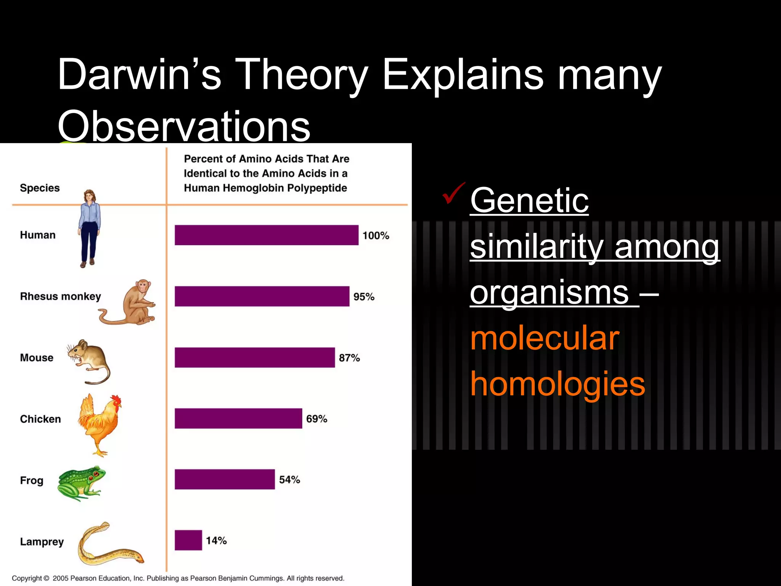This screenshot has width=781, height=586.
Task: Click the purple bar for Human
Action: point(266,235)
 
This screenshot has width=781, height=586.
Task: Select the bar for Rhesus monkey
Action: point(262,296)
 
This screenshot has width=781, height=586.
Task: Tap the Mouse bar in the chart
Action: point(255,357)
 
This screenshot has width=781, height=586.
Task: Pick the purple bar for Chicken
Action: point(238,419)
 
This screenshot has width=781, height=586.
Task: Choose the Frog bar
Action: point(225,479)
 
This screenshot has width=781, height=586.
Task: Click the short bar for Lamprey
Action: point(188,540)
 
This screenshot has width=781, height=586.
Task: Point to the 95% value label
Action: point(364,297)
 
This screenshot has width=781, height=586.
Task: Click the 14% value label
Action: point(216,541)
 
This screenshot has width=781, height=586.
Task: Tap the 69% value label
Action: point(317,419)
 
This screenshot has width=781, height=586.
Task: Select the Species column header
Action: point(40,188)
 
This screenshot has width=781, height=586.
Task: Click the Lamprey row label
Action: point(42,542)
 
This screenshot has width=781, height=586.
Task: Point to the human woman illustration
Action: point(90,229)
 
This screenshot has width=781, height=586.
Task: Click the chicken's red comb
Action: point(116,401)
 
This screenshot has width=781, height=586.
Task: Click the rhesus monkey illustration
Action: point(132,303)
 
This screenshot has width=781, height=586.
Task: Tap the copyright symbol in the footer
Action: point(47,578)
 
